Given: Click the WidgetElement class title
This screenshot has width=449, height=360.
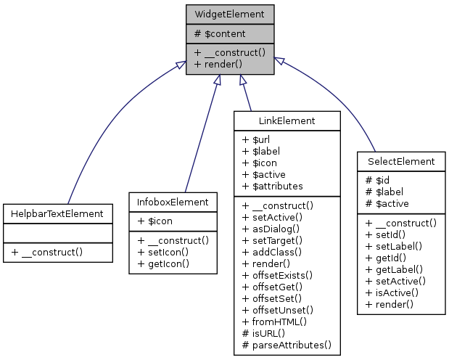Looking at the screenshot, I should [230, 14].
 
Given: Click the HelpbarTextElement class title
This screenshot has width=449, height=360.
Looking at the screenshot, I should [57, 213].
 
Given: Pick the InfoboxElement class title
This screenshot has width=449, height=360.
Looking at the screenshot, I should [173, 202].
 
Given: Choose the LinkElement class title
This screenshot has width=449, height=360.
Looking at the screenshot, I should [287, 120].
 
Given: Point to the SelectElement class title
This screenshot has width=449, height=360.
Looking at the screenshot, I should [401, 161].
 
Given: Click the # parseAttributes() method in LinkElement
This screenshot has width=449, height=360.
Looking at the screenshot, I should [287, 344].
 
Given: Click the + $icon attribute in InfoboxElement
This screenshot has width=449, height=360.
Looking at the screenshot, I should [152, 221].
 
